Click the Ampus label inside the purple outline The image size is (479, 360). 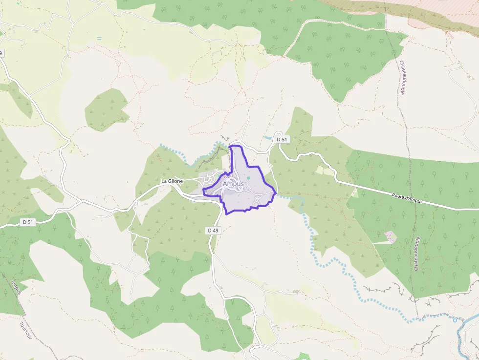(233, 184)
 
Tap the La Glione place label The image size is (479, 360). (172, 181)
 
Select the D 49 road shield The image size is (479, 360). (213, 230)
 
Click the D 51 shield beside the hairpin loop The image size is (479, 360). (282, 140)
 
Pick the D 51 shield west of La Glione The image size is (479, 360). (28, 222)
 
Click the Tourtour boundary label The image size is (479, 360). (25, 330)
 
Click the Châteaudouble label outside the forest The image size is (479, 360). (402, 78)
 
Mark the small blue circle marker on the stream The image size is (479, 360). (455, 320)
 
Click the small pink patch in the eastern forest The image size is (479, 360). (390, 237)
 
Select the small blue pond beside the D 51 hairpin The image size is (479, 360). (267, 138)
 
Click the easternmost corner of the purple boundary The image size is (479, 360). (276, 193)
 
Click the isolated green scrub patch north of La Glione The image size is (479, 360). (106, 110)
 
